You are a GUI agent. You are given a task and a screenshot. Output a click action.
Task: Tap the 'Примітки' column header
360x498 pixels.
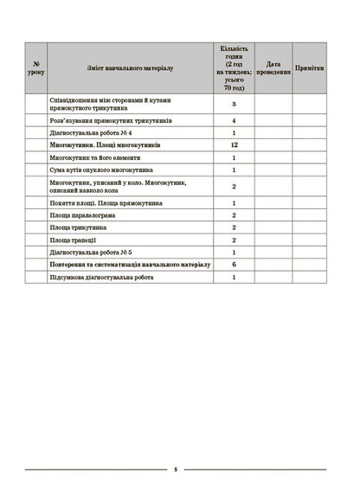click(x=310, y=67)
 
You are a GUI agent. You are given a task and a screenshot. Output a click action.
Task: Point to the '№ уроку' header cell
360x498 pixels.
click(x=35, y=67)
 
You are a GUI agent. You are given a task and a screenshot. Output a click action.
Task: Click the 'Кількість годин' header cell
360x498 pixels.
click(x=235, y=66)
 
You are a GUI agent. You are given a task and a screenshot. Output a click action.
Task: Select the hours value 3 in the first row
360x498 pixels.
click(x=235, y=104)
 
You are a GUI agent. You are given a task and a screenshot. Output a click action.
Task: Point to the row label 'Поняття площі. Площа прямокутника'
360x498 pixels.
click(x=112, y=201)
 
